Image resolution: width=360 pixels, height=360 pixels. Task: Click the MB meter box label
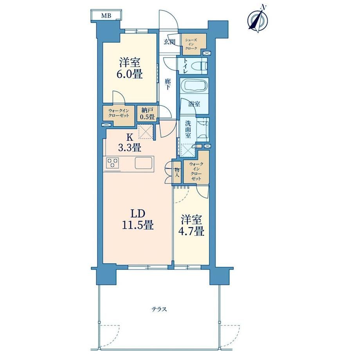(x=106, y=16)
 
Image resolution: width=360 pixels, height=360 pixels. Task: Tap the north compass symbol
(x=258, y=20)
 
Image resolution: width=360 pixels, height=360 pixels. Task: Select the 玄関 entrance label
(x=169, y=42)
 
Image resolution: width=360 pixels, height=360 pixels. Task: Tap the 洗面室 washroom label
(x=188, y=130)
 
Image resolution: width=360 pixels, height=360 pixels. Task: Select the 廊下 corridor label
(x=168, y=84)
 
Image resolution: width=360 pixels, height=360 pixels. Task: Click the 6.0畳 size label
(x=130, y=74)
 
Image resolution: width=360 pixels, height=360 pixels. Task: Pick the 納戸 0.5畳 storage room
(x=147, y=113)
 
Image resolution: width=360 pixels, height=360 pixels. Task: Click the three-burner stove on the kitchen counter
(x=113, y=163)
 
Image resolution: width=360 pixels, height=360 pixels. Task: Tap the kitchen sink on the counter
(x=144, y=163)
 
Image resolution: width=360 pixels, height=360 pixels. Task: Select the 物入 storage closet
(x=177, y=173)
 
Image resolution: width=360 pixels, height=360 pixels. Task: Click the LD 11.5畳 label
(x=137, y=220)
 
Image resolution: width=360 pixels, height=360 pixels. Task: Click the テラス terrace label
(x=159, y=309)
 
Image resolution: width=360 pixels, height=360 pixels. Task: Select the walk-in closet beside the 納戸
(x=118, y=115)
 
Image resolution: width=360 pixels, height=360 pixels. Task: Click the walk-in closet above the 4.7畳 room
(x=196, y=167)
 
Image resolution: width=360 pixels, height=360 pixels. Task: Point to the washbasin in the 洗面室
(x=203, y=130)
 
